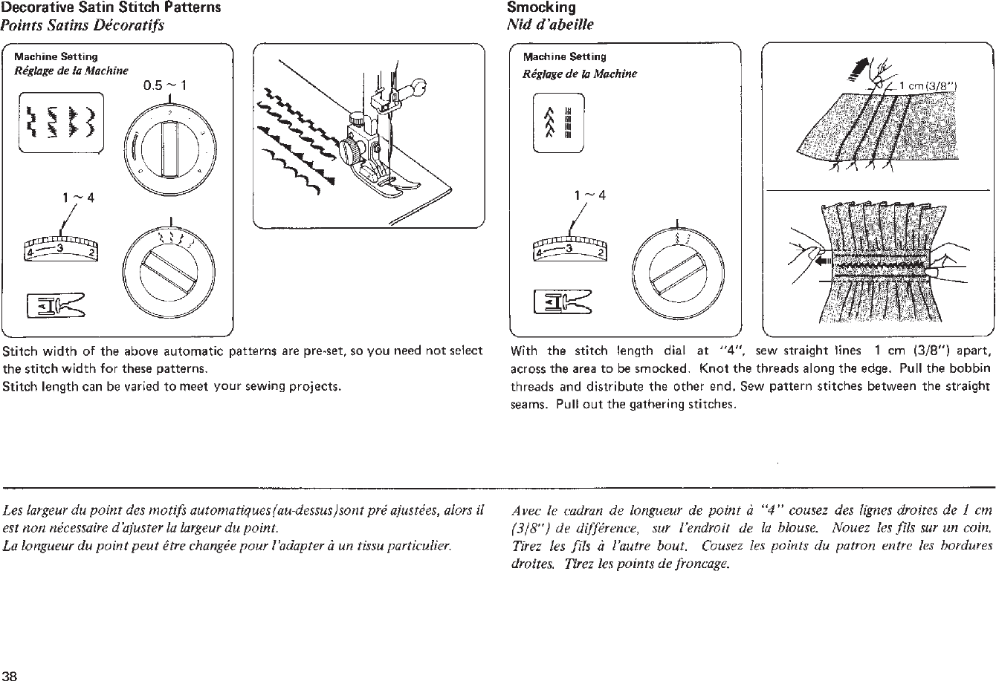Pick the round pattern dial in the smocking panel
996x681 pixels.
click(x=678, y=270)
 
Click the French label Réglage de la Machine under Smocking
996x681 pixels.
click(x=579, y=74)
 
